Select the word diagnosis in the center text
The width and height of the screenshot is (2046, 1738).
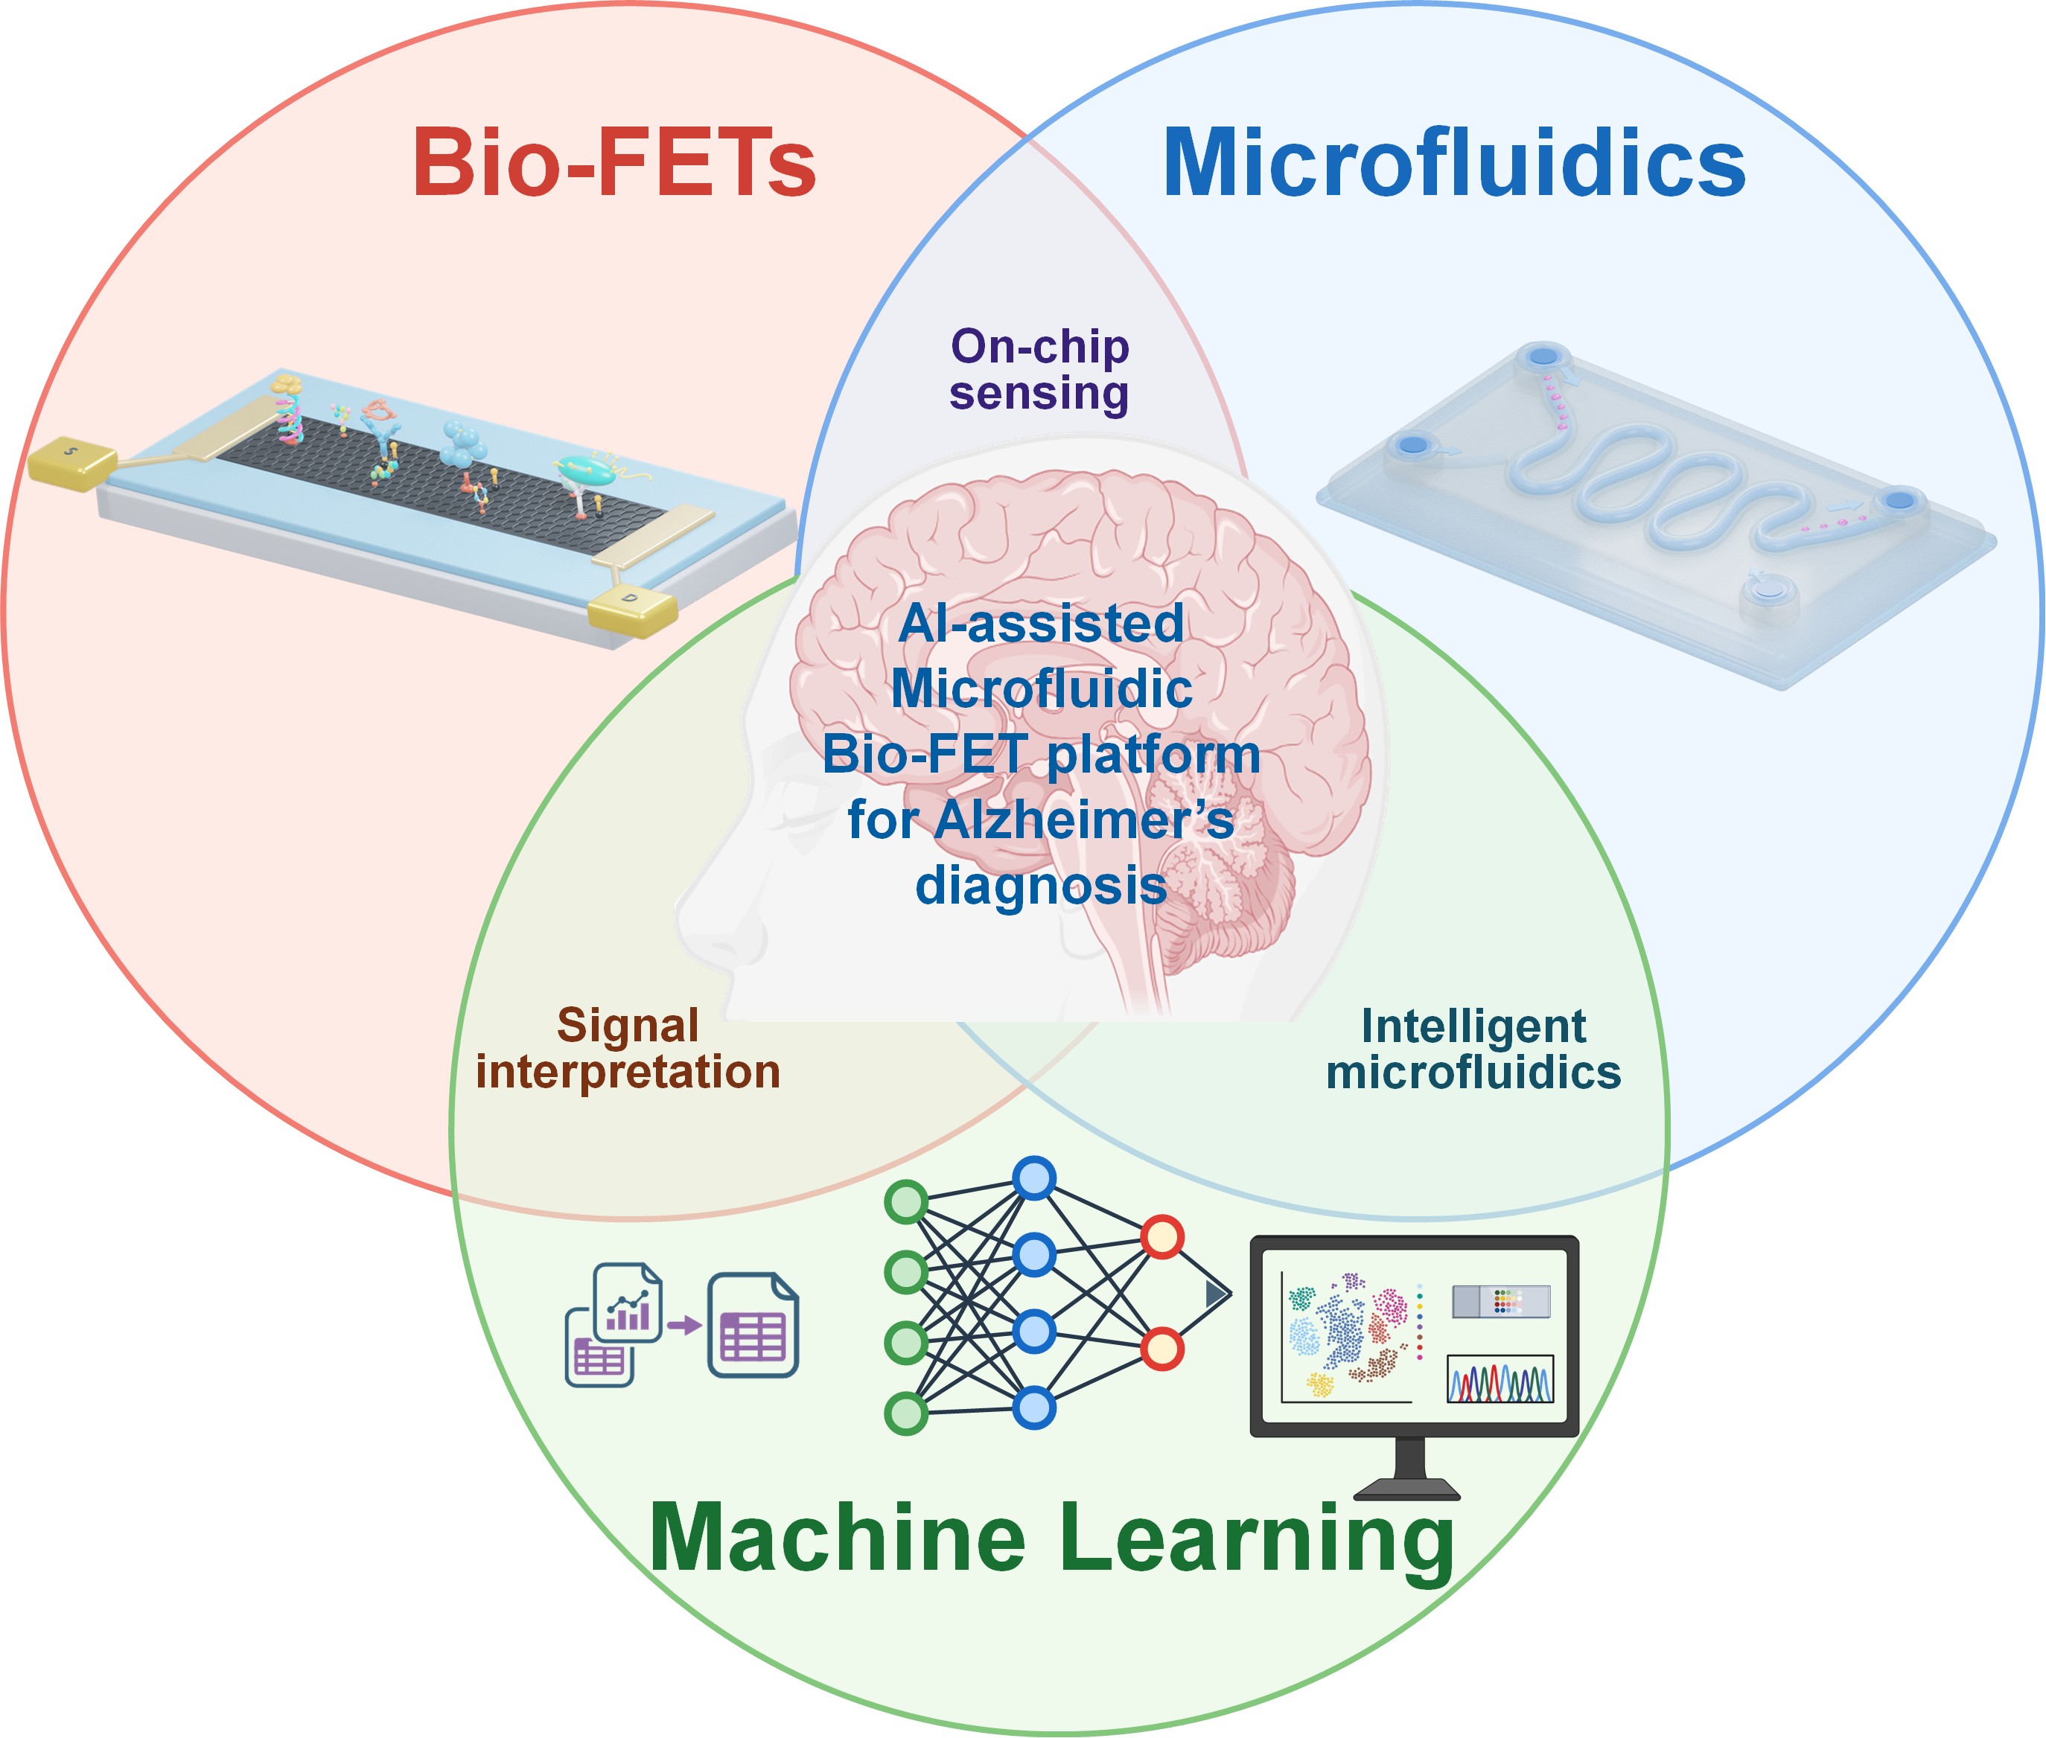(x=1041, y=886)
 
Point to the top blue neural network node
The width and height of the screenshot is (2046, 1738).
(x=1034, y=1178)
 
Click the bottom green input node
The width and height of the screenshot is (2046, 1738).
(x=905, y=1414)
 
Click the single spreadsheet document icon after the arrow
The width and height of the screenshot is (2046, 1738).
(x=753, y=1324)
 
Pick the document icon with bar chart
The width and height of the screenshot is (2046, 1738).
(x=628, y=1303)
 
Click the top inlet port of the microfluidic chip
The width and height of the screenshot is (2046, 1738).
(x=1543, y=357)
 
